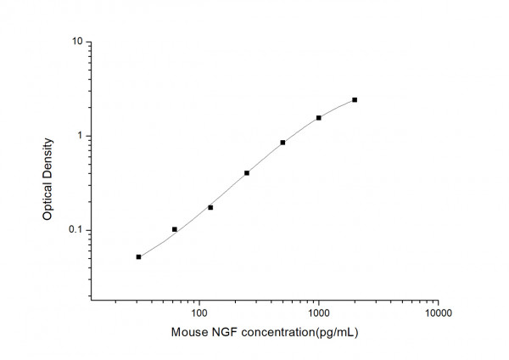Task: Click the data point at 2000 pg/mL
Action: (x=355, y=99)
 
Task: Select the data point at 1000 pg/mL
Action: (x=319, y=118)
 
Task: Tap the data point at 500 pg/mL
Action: (x=282, y=143)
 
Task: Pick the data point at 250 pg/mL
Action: (x=247, y=173)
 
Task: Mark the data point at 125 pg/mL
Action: (x=210, y=207)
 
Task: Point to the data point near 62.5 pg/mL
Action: (x=175, y=229)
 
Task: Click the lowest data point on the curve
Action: (x=138, y=256)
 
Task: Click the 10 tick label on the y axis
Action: (x=77, y=42)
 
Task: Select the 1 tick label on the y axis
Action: (x=80, y=136)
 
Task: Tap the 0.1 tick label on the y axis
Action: (x=76, y=230)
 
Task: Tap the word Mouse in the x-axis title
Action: (x=187, y=332)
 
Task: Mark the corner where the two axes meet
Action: (x=92, y=300)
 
